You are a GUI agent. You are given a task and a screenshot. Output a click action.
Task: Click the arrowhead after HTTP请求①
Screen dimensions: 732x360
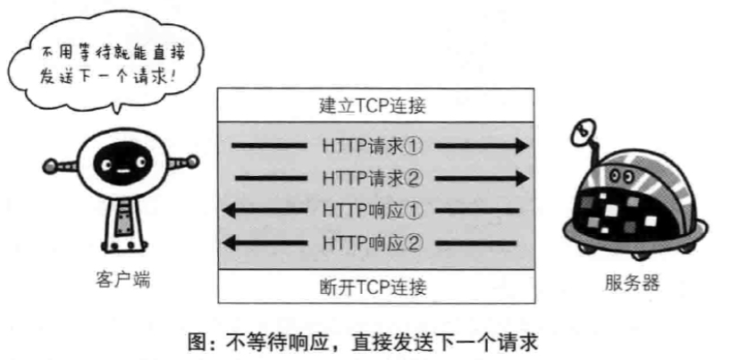pos(520,145)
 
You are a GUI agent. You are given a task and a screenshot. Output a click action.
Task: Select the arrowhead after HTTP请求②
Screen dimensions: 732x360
pos(520,178)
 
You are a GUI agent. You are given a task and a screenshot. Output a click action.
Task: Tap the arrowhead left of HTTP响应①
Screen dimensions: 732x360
pos(230,211)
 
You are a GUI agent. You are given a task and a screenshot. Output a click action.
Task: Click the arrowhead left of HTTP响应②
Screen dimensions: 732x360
pos(230,242)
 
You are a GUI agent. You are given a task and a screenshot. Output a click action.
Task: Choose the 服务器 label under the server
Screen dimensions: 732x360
pos(631,284)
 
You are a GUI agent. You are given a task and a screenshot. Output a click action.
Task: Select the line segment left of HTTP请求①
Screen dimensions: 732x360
pos(268,145)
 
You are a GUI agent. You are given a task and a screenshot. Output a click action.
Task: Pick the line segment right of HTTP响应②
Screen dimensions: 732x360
pos(487,242)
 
